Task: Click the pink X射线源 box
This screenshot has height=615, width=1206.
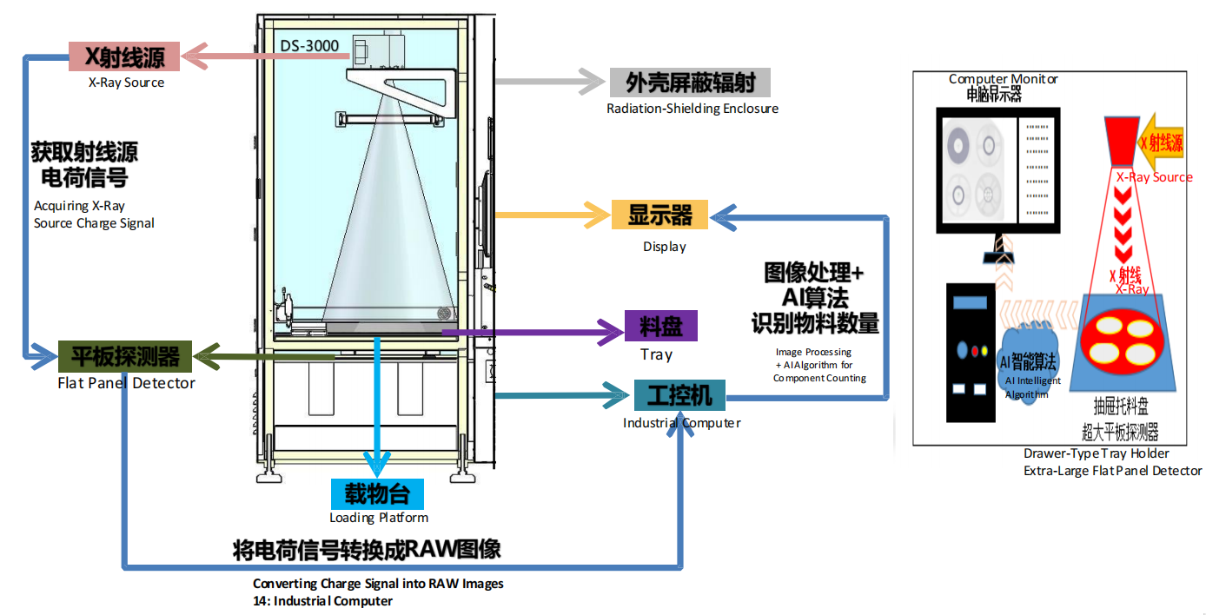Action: point(124,56)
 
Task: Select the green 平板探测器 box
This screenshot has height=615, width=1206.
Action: point(125,356)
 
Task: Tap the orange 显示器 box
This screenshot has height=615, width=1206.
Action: point(659,215)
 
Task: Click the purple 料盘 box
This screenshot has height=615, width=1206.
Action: point(661,326)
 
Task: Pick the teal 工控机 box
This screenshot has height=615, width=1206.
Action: point(679,395)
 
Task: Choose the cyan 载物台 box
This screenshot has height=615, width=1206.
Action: point(377,494)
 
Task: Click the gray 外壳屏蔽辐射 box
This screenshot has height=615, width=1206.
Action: point(690,83)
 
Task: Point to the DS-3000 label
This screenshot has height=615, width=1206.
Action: point(309,46)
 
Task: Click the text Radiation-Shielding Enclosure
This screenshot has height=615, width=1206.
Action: point(692,109)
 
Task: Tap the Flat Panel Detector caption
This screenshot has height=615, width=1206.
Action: point(126,383)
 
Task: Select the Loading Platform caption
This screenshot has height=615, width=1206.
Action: point(379,518)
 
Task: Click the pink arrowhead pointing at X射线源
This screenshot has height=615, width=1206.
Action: point(195,56)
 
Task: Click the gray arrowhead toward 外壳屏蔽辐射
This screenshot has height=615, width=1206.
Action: point(592,82)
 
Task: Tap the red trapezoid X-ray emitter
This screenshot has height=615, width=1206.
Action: point(1122,141)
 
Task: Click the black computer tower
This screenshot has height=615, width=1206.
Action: point(971,353)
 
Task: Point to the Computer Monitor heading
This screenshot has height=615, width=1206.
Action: point(1003,79)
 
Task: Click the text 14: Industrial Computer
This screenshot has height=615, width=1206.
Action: point(322,601)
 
